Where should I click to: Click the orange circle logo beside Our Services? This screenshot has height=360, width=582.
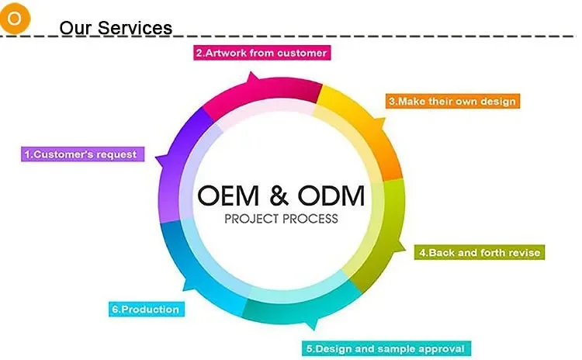15,18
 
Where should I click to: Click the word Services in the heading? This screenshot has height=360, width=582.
135,28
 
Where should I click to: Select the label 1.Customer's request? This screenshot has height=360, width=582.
82,154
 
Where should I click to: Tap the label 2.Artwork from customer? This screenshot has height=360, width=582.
262,53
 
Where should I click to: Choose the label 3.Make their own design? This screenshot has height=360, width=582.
452,101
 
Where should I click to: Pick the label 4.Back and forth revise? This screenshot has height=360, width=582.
480,252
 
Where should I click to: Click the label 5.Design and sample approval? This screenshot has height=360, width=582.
386,348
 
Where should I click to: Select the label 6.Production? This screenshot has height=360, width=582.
146,309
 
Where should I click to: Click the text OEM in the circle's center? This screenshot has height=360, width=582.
228,196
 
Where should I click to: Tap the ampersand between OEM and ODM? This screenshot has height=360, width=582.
279,196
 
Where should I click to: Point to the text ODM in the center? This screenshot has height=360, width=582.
331,196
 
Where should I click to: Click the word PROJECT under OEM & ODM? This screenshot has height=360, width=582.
250,219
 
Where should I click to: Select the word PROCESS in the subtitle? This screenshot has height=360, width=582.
310,219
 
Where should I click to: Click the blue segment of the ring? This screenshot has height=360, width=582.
193,267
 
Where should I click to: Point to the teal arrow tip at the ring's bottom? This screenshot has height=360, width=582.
314,328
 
